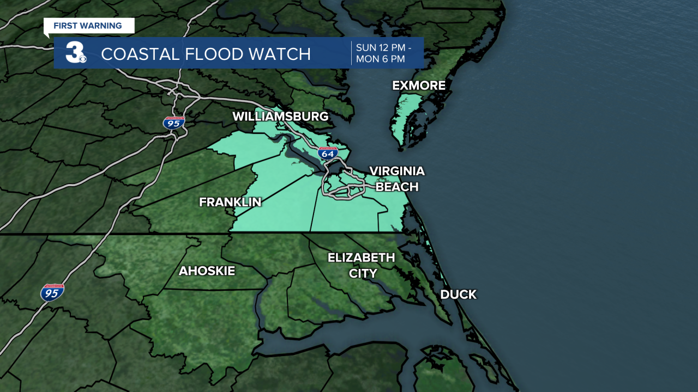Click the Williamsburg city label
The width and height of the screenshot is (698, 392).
pos(280,117)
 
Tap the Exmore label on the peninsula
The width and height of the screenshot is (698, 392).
pos(419,85)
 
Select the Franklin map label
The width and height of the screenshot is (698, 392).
pos(230,202)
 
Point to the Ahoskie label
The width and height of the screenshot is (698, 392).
pos(207,271)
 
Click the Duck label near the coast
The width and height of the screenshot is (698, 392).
pos(458,295)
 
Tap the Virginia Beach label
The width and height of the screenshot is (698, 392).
pos(396,179)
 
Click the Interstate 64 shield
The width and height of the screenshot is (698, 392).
pos(328,153)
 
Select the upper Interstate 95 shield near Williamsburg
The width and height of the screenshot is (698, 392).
pos(174,122)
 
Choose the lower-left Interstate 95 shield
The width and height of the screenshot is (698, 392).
pos(52,293)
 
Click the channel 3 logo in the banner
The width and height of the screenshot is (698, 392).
pos(76,53)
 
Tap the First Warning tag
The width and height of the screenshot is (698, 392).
pos(88,26)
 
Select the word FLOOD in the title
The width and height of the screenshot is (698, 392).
pos(210,54)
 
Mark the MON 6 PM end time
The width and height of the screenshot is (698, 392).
pos(381,59)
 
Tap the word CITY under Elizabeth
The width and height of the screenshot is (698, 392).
pos(363,273)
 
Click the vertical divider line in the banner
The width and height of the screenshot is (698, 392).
pos(351,53)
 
